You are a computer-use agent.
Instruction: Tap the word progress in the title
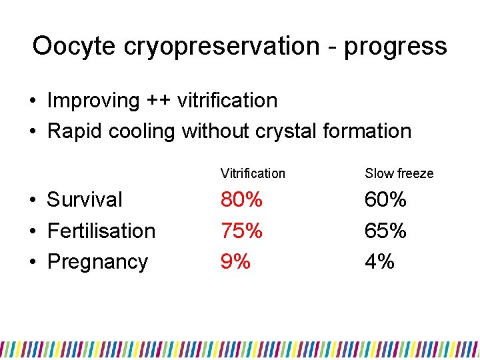[395, 46]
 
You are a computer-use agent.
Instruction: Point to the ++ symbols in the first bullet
[154, 101]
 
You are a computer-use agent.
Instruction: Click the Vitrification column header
[253, 173]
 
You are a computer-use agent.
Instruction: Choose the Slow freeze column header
[399, 173]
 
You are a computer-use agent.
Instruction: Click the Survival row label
[85, 199]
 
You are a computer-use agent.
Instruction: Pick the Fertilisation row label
[101, 231]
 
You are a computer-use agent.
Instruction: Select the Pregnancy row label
[97, 261]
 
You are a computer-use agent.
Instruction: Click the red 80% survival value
[241, 199]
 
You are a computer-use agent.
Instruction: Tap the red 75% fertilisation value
[241, 231]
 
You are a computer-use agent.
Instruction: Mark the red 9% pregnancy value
[235, 261]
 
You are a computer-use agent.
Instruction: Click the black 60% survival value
[385, 199]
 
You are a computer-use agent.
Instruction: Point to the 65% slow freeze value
[385, 231]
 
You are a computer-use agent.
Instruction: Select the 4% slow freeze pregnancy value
[379, 261]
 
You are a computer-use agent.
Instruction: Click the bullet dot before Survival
[33, 200]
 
